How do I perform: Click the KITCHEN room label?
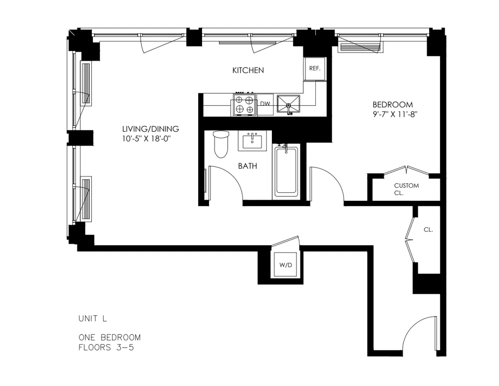coord(248,70)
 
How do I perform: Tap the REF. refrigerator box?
coord(314,68)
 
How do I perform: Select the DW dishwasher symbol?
coord(265,104)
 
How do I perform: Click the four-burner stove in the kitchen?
coord(244,104)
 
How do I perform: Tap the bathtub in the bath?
coord(286,171)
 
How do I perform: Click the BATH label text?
coord(248,166)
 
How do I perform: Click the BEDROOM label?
coord(393,105)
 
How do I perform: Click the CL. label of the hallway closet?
coord(428,230)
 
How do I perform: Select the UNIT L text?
coord(92,318)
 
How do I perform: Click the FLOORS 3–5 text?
coord(106,347)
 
